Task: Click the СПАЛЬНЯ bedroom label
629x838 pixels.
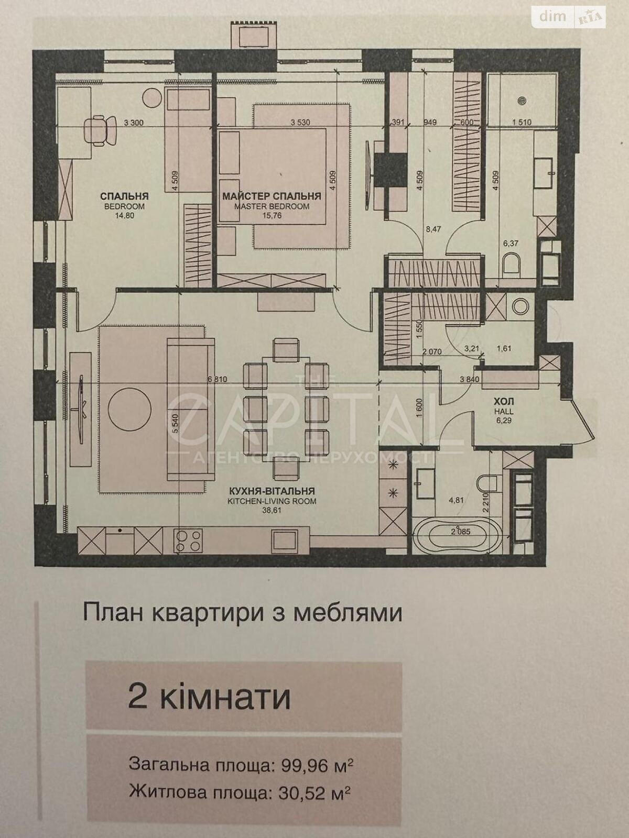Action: coord(124,196)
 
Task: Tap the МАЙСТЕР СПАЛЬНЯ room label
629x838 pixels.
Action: coord(272,196)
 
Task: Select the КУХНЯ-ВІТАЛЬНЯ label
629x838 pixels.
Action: coord(272,491)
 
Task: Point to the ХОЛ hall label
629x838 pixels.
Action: coord(504,401)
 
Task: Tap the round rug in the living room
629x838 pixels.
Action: coord(129,409)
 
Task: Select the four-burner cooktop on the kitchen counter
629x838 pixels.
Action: coord(188,540)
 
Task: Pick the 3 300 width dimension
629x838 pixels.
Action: coord(134,123)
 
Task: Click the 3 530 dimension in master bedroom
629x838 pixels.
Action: coord(300,123)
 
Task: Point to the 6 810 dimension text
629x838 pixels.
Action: coord(217,379)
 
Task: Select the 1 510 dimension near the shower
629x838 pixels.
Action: coord(521,123)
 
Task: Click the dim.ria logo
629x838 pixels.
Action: coord(569,17)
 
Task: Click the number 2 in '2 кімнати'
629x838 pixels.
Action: coord(137,697)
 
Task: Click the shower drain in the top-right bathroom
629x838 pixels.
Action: coord(522,100)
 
